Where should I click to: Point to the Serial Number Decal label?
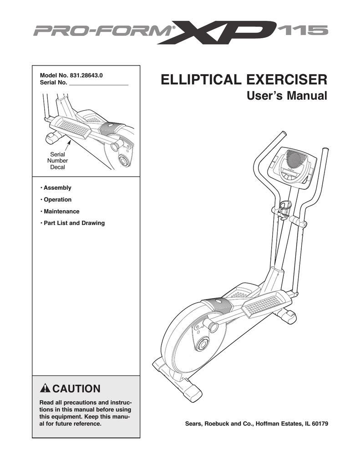pos(58,161)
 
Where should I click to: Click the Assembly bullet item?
pos(56,187)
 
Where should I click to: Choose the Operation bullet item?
pos(56,199)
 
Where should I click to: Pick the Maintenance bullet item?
pos(61,211)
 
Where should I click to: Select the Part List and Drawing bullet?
pos(73,223)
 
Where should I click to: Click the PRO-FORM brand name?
pos(101,31)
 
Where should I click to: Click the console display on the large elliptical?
pos(291,173)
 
